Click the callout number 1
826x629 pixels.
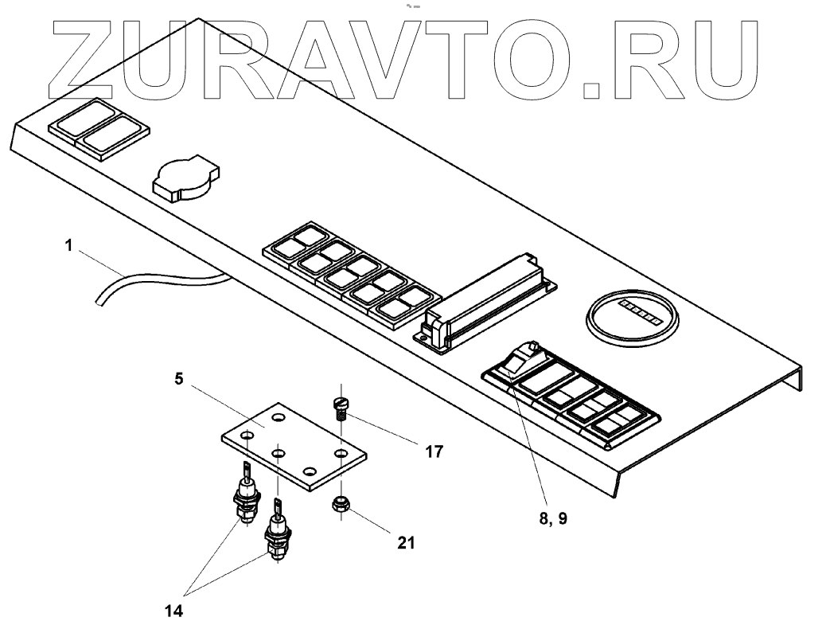tap(69, 247)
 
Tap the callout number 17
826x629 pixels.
tap(434, 451)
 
